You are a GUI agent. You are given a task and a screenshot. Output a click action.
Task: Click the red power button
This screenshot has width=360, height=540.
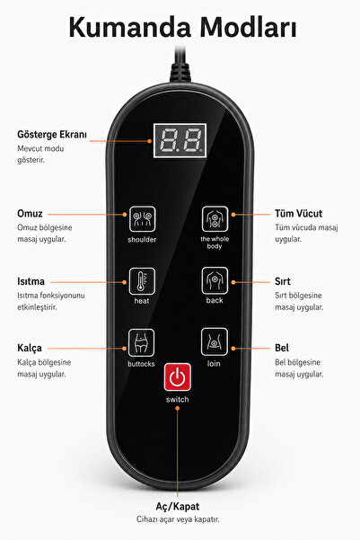tap(177, 377)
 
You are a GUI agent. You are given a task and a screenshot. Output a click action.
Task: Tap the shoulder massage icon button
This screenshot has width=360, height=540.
tap(142, 218)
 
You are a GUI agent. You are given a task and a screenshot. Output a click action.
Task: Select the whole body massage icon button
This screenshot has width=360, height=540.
tap(215, 218)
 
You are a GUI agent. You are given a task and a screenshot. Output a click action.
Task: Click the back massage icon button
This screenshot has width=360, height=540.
tap(215, 280)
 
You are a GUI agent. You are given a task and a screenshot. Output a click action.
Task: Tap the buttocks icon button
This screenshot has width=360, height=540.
tap(141, 342)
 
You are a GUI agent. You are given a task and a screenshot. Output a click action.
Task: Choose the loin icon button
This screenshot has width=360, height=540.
tap(214, 341)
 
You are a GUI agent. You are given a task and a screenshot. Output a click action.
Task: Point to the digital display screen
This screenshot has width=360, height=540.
tap(180, 140)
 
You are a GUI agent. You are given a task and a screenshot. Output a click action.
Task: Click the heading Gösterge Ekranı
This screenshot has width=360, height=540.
tap(52, 134)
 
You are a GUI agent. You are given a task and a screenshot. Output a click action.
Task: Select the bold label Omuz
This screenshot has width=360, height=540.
tap(30, 214)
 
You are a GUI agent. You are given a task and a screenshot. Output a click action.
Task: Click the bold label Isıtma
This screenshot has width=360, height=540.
tap(31, 281)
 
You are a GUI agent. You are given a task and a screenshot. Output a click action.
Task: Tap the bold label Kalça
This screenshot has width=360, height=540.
tap(30, 348)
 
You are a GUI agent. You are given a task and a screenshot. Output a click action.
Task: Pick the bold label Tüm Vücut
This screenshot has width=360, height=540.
tap(298, 214)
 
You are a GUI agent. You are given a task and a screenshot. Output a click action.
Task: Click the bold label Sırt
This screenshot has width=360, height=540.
tap(283, 281)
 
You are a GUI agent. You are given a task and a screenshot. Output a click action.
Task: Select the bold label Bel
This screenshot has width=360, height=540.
tap(282, 348)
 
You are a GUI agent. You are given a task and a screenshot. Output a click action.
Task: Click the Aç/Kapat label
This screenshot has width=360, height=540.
tap(177, 506)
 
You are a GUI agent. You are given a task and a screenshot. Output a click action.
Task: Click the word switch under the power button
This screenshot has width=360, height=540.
tap(177, 400)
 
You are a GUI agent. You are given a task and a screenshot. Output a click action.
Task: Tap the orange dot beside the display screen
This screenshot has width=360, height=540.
tap(150, 141)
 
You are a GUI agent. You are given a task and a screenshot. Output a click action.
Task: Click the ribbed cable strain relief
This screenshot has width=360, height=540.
tap(180, 72)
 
